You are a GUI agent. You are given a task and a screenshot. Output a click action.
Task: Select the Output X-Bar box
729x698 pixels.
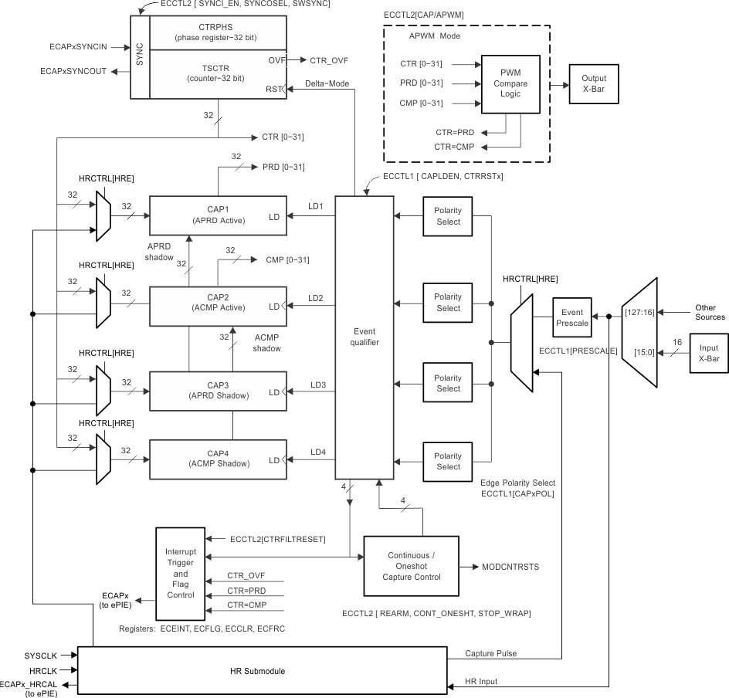(594, 83)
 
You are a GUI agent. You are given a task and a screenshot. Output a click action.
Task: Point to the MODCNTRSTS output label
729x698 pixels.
(510, 567)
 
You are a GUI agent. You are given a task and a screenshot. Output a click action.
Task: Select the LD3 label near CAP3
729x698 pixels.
(317, 384)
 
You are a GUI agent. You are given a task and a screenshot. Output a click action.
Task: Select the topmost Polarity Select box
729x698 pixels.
(448, 216)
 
